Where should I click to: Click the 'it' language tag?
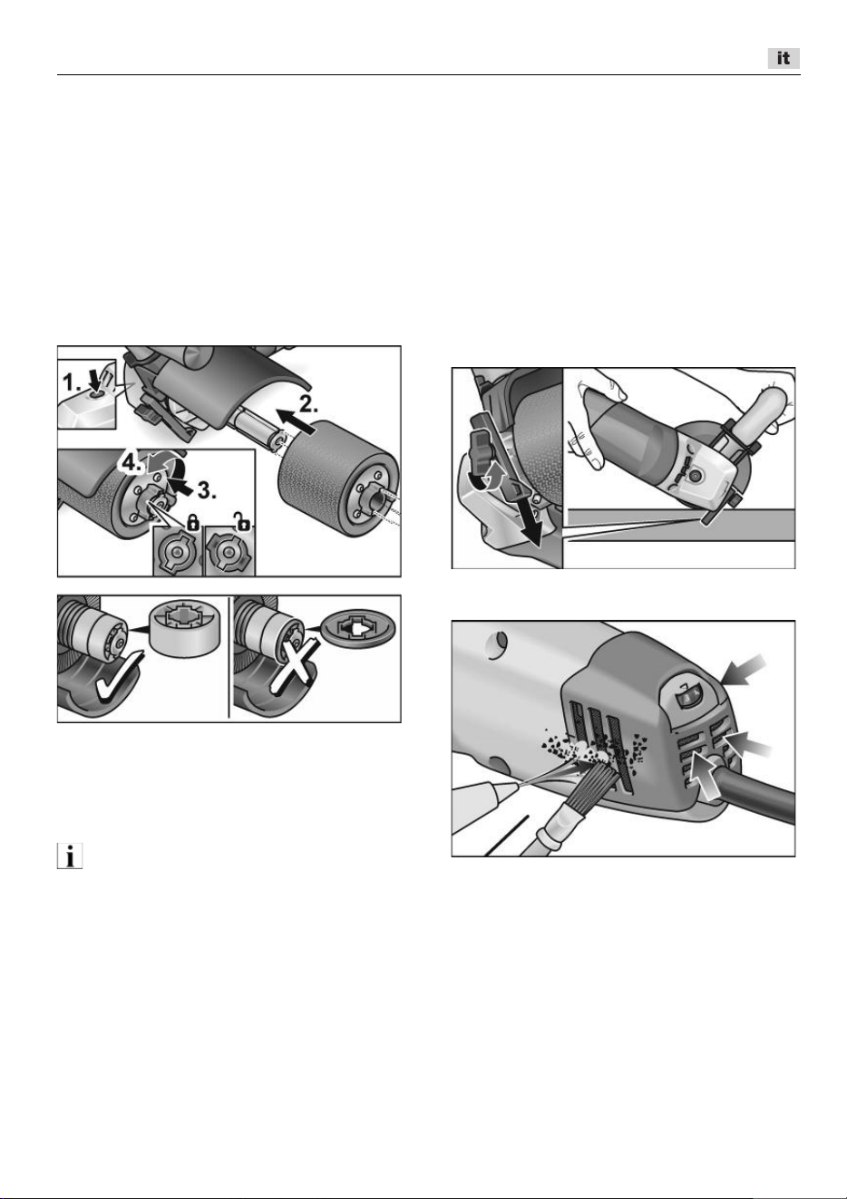[x=784, y=58]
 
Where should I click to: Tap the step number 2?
[x=307, y=405]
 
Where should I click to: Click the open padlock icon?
[x=241, y=521]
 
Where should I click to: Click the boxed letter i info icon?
[x=70, y=856]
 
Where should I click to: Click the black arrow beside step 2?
[x=297, y=421]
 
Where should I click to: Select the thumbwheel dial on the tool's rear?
[x=687, y=698]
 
